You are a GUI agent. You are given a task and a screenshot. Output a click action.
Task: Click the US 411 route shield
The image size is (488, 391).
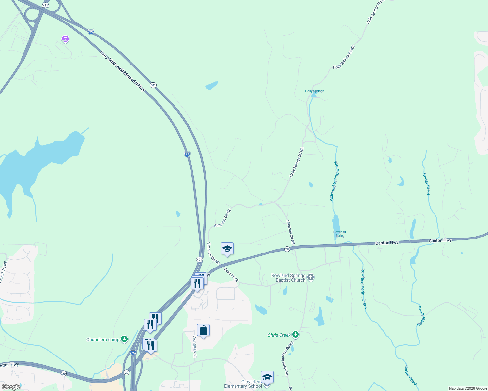45,5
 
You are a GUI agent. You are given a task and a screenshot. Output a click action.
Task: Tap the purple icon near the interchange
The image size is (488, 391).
65,39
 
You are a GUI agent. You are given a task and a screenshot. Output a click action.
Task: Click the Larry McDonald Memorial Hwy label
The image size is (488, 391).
122,71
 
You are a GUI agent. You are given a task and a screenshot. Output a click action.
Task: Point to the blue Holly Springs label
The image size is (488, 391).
314,91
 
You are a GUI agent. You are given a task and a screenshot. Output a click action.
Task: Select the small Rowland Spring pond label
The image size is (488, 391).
340,234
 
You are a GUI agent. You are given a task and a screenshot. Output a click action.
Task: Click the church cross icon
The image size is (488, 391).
311,278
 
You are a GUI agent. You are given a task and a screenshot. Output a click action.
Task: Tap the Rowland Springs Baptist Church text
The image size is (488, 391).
288,278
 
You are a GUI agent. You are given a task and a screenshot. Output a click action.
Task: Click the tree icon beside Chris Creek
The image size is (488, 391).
296,335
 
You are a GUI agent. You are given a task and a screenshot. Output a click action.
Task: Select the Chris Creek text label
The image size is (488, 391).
279,335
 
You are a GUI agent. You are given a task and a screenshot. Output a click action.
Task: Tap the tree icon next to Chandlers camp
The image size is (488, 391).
124,339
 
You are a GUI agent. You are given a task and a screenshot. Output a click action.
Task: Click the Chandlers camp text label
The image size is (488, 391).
103,340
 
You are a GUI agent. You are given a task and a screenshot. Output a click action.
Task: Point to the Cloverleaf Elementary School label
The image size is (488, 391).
243,384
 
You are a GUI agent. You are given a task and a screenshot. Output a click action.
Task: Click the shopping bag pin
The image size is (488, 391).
203,330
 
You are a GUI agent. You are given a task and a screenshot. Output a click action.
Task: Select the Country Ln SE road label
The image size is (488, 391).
195,347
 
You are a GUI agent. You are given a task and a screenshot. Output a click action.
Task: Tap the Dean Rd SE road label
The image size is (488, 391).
231,274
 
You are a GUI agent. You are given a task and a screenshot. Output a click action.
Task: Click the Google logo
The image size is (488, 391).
11,387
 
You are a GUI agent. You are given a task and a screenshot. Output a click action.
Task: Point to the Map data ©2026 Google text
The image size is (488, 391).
468,388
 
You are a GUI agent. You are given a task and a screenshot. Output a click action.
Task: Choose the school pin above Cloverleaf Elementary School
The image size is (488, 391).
267,377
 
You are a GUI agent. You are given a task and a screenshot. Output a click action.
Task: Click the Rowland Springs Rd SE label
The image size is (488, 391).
287,358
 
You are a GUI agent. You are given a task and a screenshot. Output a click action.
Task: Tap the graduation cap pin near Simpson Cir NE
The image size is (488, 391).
227,249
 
